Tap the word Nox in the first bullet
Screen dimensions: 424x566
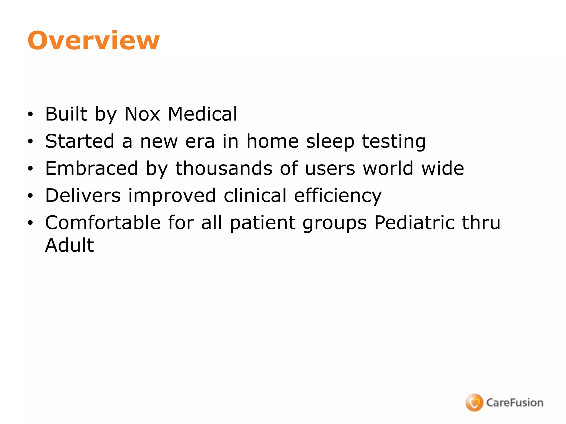[142, 114]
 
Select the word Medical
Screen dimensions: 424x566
[203, 114]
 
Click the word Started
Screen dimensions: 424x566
[80, 141]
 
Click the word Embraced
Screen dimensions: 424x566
[91, 168]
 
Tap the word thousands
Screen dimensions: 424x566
[224, 168]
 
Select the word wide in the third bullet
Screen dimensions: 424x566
[443, 168]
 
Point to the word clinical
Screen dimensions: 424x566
[255, 195]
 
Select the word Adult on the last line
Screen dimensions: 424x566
[69, 245]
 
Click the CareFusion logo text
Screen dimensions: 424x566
[515, 402]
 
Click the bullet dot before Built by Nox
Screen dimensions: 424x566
[30, 114]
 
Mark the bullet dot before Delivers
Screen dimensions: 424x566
[30, 196]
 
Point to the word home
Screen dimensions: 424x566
[272, 141]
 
